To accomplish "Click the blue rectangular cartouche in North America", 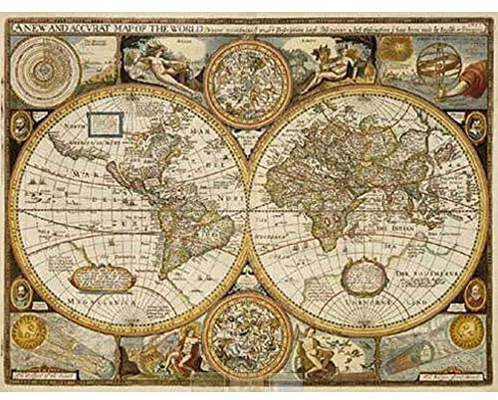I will coord(104,124).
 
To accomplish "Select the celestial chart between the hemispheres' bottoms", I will coord(248,339).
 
